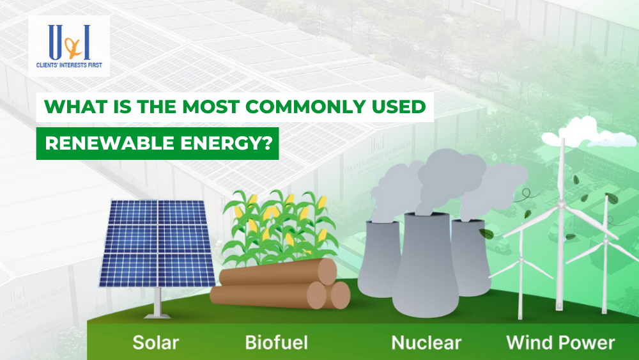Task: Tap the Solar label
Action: (155, 342)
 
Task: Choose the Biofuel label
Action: (276, 342)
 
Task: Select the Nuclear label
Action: (426, 342)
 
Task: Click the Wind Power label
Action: (560, 342)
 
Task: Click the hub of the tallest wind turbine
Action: (562, 206)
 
